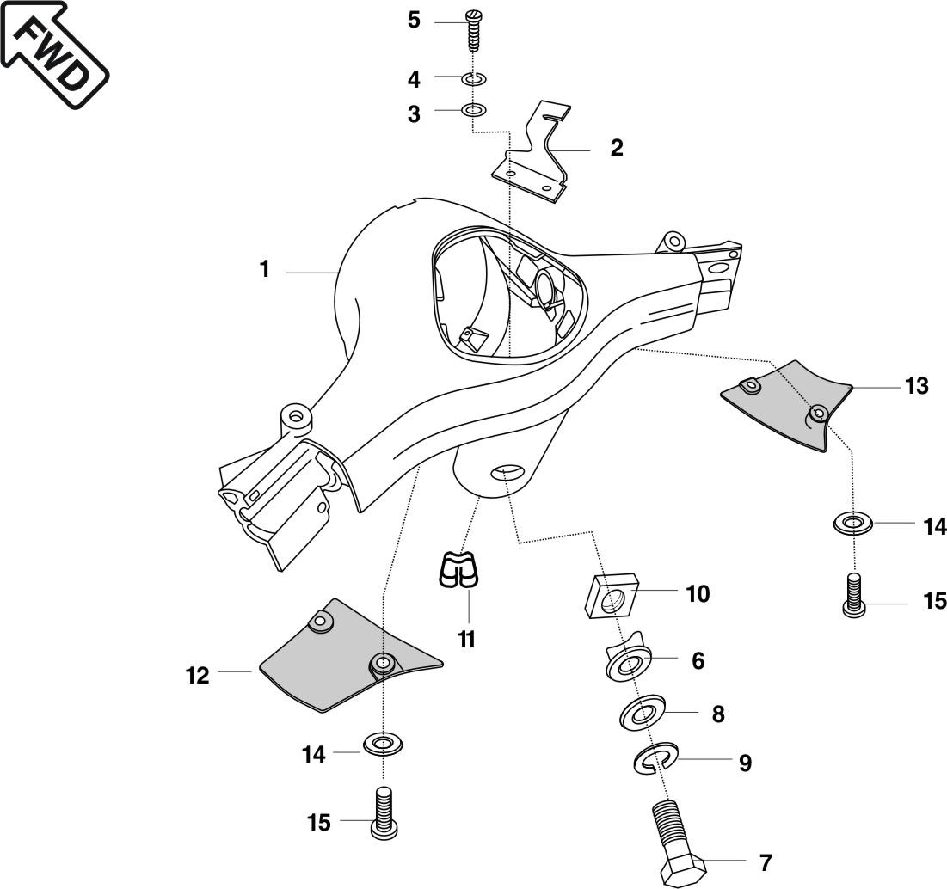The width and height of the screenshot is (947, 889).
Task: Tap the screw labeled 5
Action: tap(473, 31)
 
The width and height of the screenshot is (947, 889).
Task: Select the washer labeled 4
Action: tap(473, 79)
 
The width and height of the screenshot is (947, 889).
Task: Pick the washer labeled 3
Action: tap(473, 110)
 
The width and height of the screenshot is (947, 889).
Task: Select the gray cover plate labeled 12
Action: tap(344, 658)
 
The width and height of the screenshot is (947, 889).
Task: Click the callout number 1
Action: tap(265, 270)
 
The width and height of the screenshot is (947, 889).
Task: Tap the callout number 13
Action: tap(917, 386)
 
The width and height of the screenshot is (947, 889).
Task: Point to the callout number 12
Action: tap(198, 676)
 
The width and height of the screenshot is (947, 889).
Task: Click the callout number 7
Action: tap(765, 862)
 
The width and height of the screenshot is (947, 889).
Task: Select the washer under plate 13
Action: tap(853, 521)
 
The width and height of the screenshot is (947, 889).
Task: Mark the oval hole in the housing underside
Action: tap(506, 471)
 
